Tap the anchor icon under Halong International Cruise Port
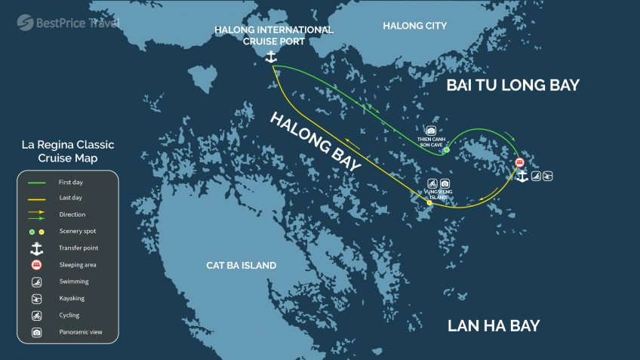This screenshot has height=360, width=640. tap(271, 57)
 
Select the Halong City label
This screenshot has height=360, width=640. tap(414, 26)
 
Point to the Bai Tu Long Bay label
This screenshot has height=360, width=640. tap(512, 85)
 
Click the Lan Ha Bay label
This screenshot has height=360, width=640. tap(494, 326)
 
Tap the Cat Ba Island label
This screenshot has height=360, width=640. tap(241, 266)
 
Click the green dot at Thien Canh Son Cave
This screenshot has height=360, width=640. tap(446, 150)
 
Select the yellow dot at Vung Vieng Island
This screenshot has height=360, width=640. tap(429, 203)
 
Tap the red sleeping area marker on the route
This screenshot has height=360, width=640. tap(519, 162)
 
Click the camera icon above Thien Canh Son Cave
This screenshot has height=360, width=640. tap(431, 131)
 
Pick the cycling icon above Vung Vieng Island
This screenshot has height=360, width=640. tap(432, 183)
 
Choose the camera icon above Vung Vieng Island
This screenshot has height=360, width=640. tap(445, 183)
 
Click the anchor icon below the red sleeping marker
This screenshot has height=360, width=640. tap(521, 176)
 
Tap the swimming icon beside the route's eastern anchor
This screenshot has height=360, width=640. tap(535, 177)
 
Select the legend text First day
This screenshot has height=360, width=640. tap(70, 183)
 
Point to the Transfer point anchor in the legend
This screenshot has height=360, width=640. tap(36, 248)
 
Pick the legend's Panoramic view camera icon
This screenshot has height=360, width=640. tap(36, 332)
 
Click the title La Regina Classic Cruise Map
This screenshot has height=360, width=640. tap(68, 151)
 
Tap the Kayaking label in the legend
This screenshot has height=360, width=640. tap(72, 298)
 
